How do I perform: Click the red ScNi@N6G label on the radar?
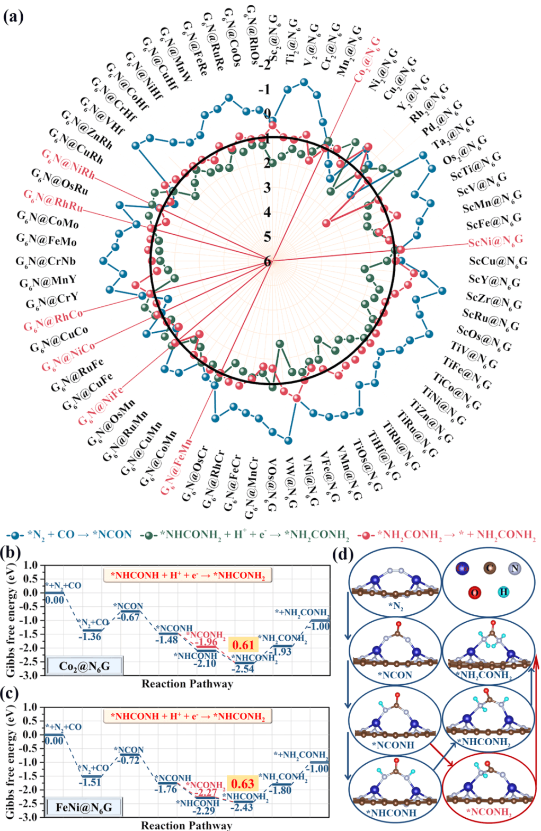(495, 241)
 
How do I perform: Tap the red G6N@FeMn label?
(177, 467)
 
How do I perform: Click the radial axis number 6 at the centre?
(267, 261)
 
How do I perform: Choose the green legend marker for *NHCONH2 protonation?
(152, 535)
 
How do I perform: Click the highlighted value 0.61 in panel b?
(243, 645)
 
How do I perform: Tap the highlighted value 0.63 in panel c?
(243, 784)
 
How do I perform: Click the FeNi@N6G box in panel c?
(84, 808)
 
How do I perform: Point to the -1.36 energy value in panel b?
(90, 636)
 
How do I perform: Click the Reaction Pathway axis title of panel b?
(187, 684)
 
